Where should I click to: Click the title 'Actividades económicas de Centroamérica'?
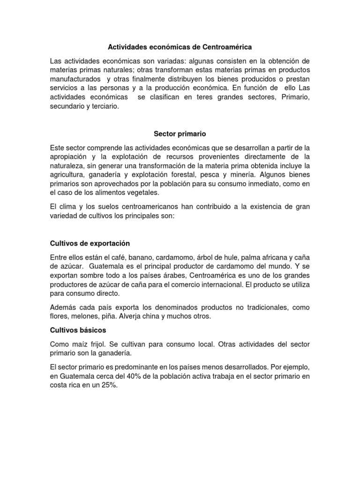[x=180, y=47]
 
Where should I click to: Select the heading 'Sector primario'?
[x=180, y=134]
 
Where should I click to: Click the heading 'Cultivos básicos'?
[x=78, y=330]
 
